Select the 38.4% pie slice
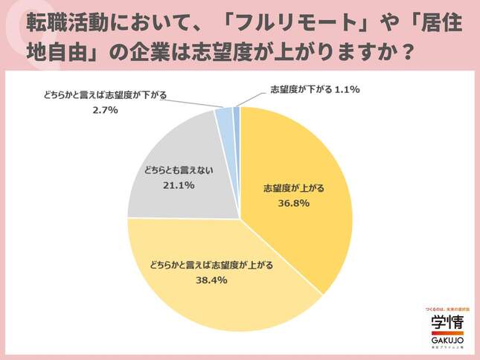point(216,290)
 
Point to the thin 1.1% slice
point(237,113)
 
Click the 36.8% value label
point(291,202)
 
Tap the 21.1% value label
point(179,184)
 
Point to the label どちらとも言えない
point(179,170)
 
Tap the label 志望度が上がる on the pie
point(291,187)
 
